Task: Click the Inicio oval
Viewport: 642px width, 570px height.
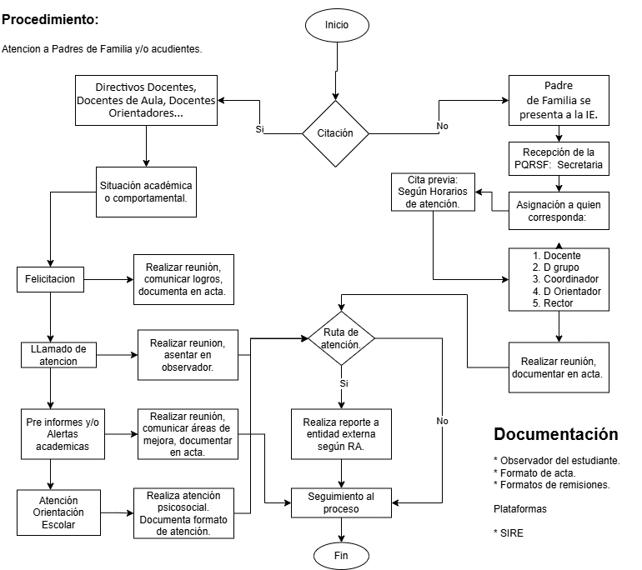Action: [337, 25]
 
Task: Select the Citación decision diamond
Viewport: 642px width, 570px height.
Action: [335, 133]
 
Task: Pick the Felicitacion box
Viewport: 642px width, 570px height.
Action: [50, 279]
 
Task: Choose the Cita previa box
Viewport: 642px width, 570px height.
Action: [433, 192]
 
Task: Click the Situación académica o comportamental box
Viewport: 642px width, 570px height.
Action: [147, 191]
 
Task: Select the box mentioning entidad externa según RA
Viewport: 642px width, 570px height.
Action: [341, 432]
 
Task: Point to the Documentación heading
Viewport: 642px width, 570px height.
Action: [556, 434]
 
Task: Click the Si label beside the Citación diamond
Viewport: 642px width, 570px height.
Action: [259, 130]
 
